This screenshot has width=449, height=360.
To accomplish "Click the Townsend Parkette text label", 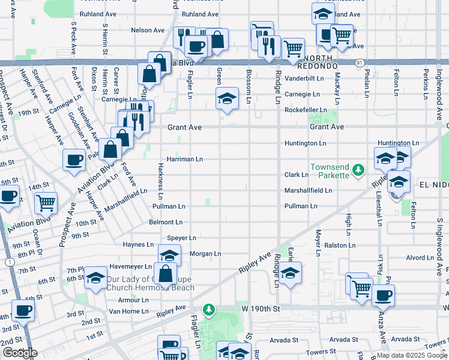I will (x=329, y=170).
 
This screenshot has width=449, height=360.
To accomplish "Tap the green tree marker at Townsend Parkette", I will (x=358, y=170).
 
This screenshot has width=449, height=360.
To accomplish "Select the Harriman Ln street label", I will (x=185, y=160).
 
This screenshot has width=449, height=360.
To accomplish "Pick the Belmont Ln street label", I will (x=166, y=222).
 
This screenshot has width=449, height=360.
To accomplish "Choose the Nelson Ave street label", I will (x=147, y=30).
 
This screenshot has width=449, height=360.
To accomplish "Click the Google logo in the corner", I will (x=20, y=353).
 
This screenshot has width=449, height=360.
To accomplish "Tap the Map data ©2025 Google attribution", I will (x=412, y=355).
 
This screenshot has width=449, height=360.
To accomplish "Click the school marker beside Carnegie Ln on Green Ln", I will (x=228, y=98).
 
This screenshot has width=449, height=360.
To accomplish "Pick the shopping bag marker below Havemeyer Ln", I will (x=165, y=273).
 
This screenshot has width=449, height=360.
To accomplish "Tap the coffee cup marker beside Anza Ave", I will (x=383, y=295).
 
